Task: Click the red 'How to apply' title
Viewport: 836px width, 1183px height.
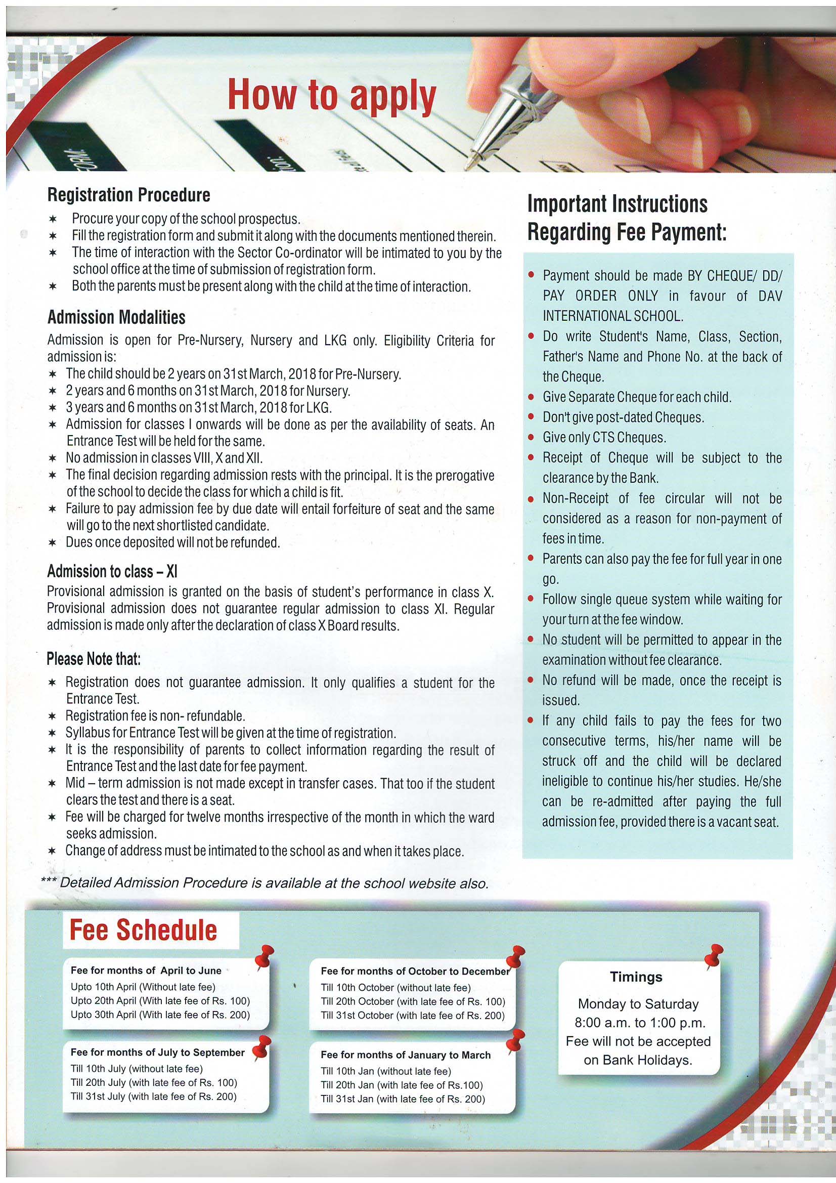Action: (x=332, y=95)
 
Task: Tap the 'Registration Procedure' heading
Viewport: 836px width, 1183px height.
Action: (x=129, y=195)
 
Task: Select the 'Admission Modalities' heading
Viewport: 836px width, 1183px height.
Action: (x=116, y=317)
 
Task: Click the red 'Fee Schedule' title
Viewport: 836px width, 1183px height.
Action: (x=143, y=930)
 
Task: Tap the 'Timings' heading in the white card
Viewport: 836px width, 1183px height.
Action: (x=636, y=977)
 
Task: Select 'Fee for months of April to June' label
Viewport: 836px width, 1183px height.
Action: (x=146, y=970)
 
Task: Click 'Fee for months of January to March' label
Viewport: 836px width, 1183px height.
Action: (x=406, y=1054)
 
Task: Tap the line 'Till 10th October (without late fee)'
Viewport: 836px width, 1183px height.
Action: (x=395, y=988)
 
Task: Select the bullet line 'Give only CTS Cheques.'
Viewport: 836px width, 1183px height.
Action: (x=604, y=438)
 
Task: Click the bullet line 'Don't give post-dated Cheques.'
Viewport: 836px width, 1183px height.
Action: (x=623, y=417)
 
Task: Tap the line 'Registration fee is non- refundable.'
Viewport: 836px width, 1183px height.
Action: (x=155, y=715)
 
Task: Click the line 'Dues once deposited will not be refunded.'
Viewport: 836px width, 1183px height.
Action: (x=172, y=542)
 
